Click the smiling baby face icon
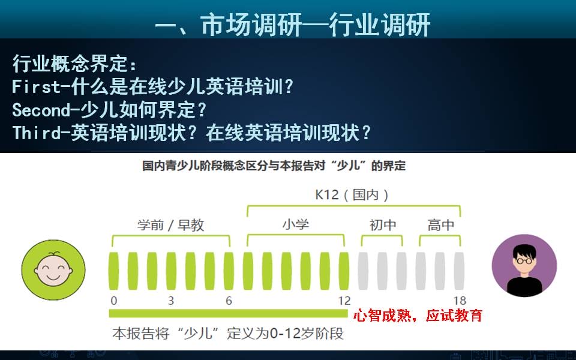53,269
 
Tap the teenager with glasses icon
524,266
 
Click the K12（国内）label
353,194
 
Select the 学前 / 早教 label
170,225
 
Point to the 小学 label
296,224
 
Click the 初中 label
382,225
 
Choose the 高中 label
440,225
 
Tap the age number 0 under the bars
114,301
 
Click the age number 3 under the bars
171,301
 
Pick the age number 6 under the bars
229,301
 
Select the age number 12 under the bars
344,301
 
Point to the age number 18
460,301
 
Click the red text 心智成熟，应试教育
418,316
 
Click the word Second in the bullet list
41,110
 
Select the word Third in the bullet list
36,133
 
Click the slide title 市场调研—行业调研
293,25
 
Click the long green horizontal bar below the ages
229,313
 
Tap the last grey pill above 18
459,271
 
